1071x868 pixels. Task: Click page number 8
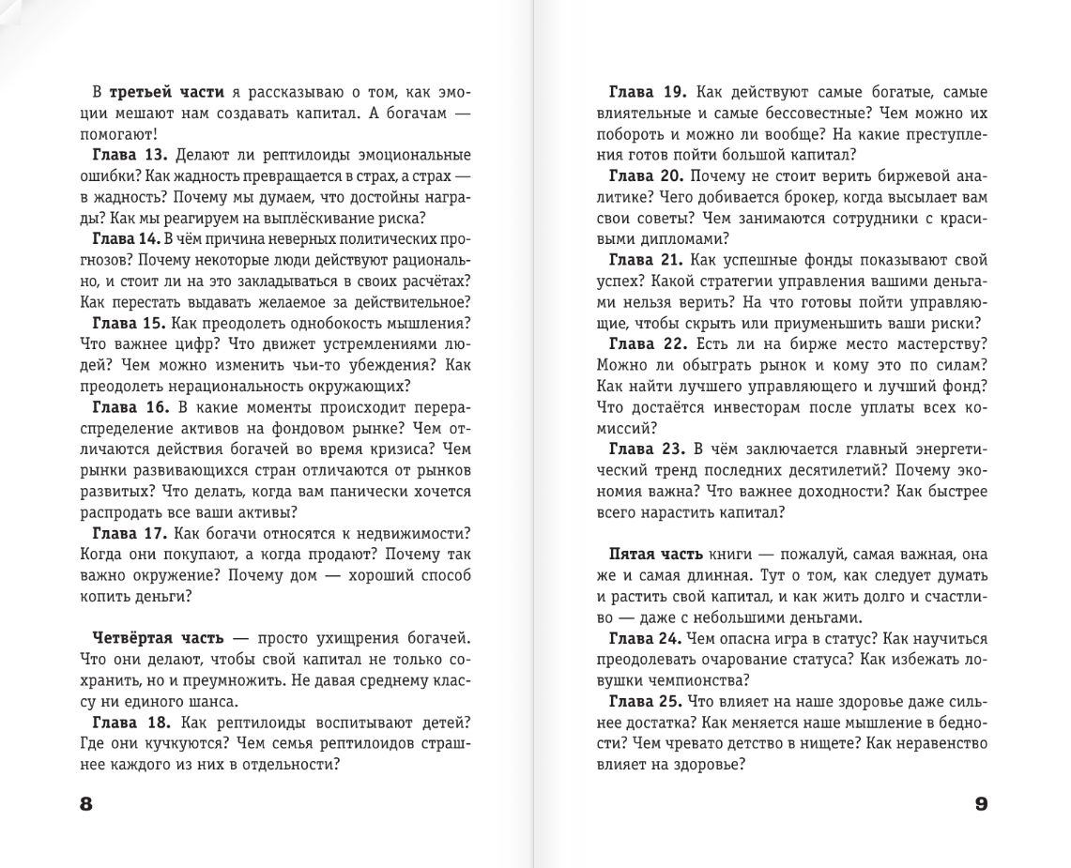point(87,805)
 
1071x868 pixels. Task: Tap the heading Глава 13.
point(130,155)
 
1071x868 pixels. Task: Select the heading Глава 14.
point(128,238)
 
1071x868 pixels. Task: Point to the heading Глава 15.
point(130,322)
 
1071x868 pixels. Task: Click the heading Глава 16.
point(130,406)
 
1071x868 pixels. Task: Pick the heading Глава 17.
point(130,533)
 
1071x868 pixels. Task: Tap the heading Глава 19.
point(648,92)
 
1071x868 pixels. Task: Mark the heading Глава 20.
point(648,175)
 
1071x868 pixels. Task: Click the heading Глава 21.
point(648,259)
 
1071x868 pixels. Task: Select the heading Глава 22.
point(648,343)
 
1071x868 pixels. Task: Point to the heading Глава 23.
point(648,449)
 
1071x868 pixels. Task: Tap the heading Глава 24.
point(646,638)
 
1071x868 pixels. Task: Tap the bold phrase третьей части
point(167,92)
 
